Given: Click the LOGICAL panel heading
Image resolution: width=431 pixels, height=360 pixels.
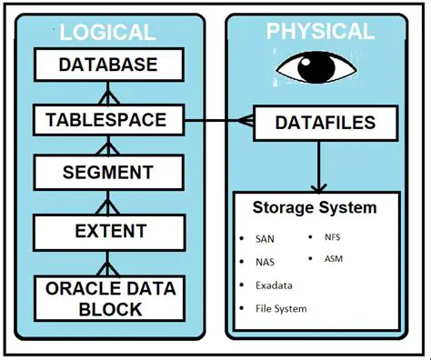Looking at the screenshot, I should (x=108, y=34).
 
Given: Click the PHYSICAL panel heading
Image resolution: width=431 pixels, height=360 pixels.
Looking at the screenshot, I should (x=319, y=32).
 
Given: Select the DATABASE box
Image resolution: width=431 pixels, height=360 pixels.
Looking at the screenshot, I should (x=108, y=65).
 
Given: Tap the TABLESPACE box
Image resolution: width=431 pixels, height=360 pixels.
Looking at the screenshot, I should (x=108, y=118).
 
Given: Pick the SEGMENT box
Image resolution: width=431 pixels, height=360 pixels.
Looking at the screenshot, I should (x=108, y=172).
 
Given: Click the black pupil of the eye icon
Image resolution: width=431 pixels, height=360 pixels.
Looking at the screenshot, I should (x=319, y=68).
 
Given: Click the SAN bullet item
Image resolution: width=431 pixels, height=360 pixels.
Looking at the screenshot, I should (x=266, y=239).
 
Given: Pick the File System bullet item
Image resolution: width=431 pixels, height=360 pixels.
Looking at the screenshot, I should (x=281, y=308).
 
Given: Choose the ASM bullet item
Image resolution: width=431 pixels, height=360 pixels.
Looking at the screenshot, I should (x=334, y=258).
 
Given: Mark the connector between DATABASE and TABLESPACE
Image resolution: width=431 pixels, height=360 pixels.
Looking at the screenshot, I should (x=108, y=92).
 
